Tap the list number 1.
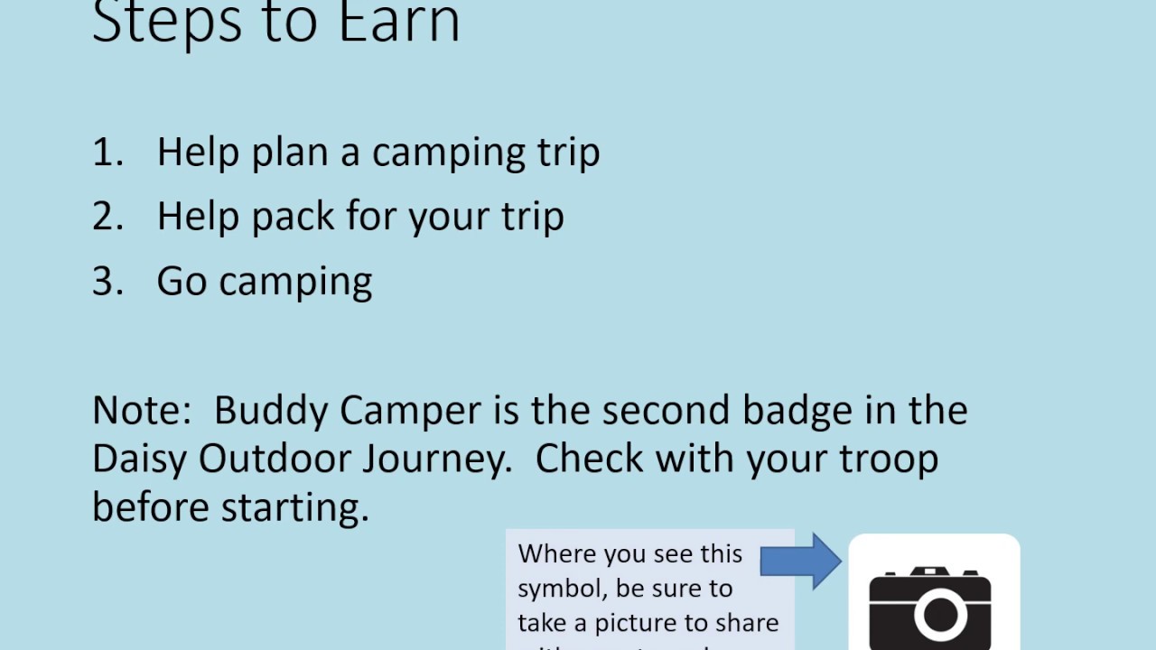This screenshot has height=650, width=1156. tap(107, 152)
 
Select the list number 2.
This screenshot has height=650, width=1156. tap(107, 217)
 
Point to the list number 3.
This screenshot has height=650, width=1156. tap(107, 282)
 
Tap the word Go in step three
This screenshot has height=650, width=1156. tap(182, 282)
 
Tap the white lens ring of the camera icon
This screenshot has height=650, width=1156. tap(940, 615)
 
